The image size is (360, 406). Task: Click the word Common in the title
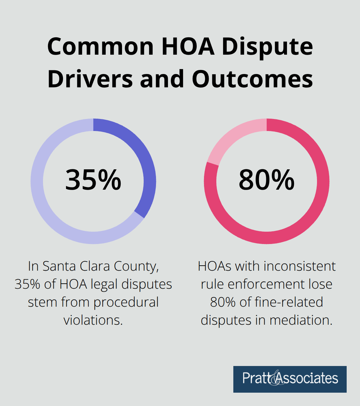point(100,47)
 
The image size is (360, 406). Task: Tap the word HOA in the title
point(188,47)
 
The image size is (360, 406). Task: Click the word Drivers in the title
point(90,79)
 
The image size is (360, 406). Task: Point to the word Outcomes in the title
point(252,79)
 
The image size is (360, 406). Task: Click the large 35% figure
point(93,180)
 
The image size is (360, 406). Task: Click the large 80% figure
point(267,180)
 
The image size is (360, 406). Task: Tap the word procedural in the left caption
point(126,302)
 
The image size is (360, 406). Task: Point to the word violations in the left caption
point(93,320)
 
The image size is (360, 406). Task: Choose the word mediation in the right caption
point(301,320)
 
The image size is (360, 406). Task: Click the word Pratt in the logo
point(255,378)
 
